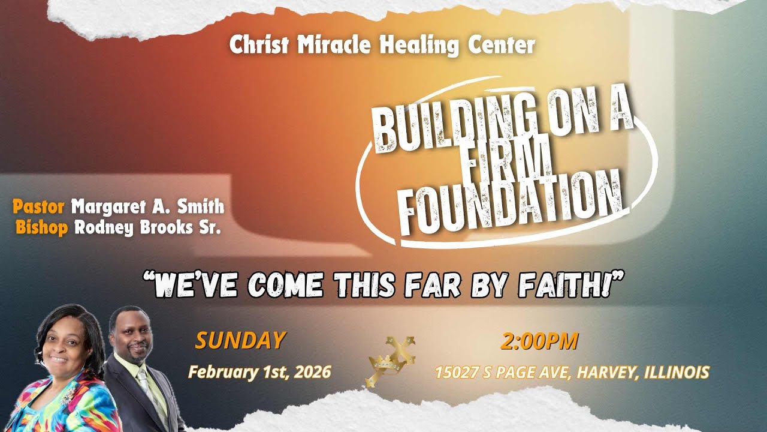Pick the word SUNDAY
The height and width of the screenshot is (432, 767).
point(239,341)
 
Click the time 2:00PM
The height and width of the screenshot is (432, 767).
point(539,341)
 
